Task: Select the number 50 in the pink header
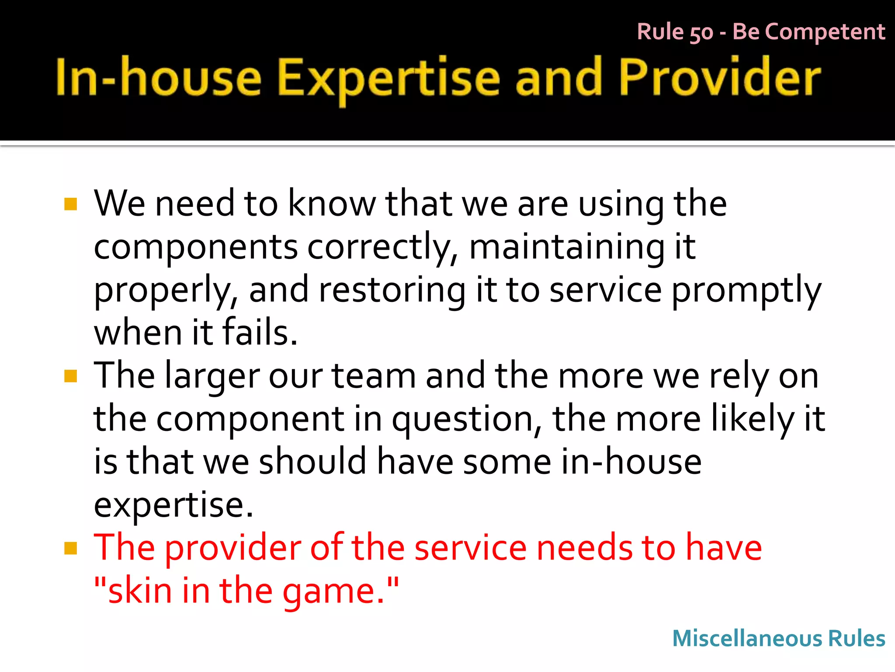pyautogui.click(x=701, y=33)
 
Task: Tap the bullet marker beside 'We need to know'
pyautogui.click(x=70, y=204)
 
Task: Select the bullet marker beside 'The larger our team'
pyautogui.click(x=70, y=376)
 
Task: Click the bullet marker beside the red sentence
pyautogui.click(x=70, y=548)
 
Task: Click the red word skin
pyautogui.click(x=139, y=591)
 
